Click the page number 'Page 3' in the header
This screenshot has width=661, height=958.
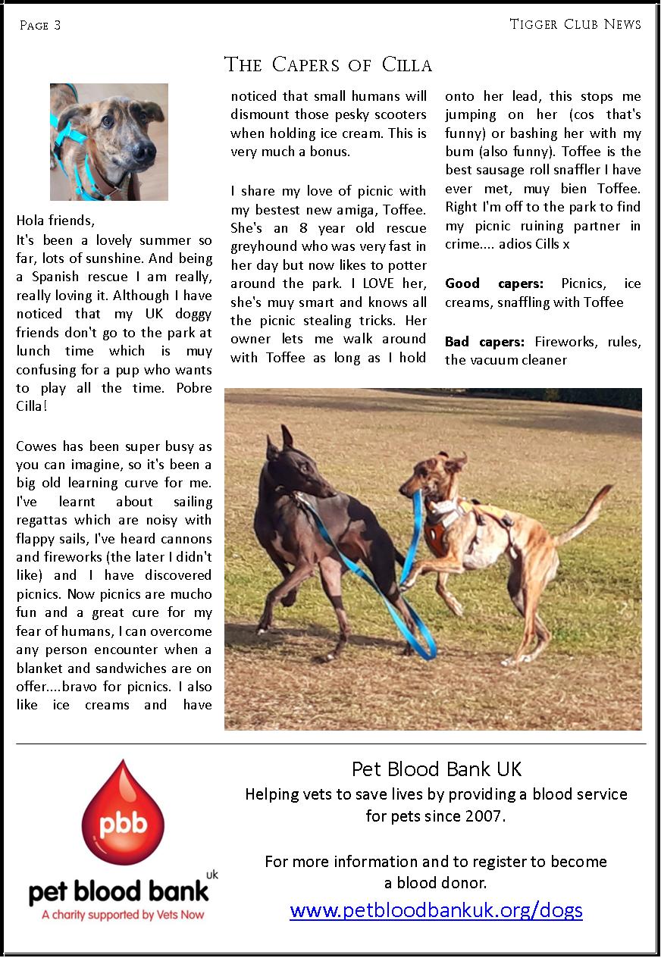(x=40, y=26)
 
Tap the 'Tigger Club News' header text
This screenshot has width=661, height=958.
(x=575, y=24)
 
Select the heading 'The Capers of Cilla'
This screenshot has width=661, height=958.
(x=327, y=65)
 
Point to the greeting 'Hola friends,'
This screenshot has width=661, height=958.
(x=56, y=221)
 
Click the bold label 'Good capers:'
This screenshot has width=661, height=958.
(x=493, y=283)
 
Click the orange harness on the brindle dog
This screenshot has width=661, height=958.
(x=438, y=531)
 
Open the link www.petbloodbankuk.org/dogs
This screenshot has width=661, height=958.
(x=436, y=909)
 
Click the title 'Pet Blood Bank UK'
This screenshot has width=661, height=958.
(x=437, y=769)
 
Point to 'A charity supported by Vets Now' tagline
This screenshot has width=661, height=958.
(x=123, y=915)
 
